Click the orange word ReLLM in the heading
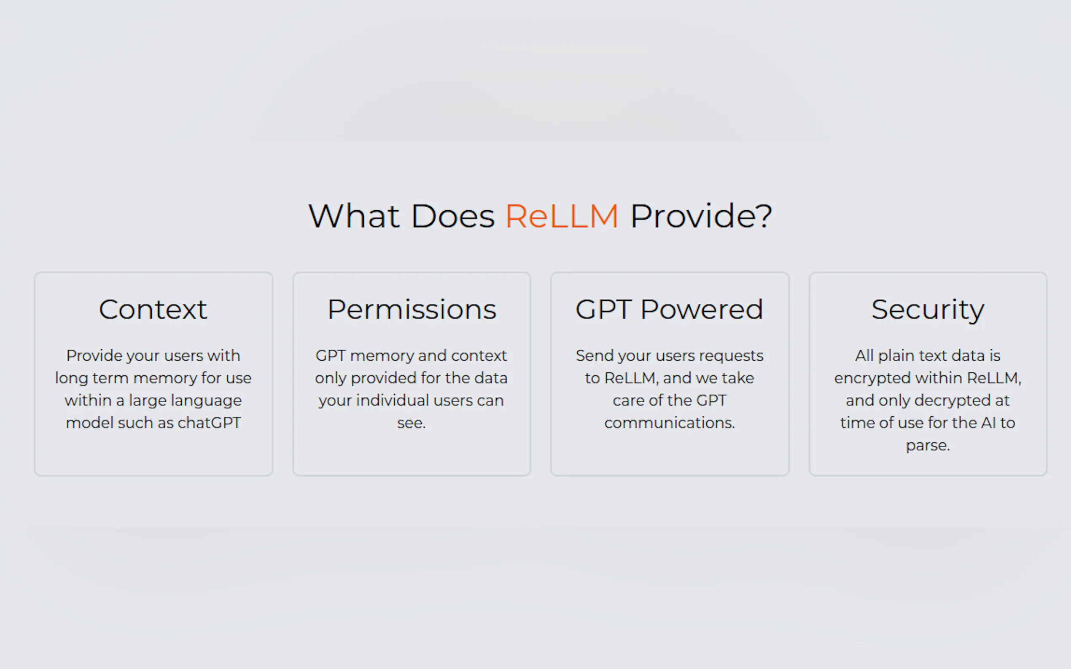[561, 217]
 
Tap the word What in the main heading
[354, 217]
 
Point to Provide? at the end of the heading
[701, 217]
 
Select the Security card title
[928, 310]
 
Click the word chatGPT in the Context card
[209, 423]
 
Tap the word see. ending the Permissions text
[411, 423]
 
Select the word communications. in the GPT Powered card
[670, 423]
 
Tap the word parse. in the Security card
[928, 446]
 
